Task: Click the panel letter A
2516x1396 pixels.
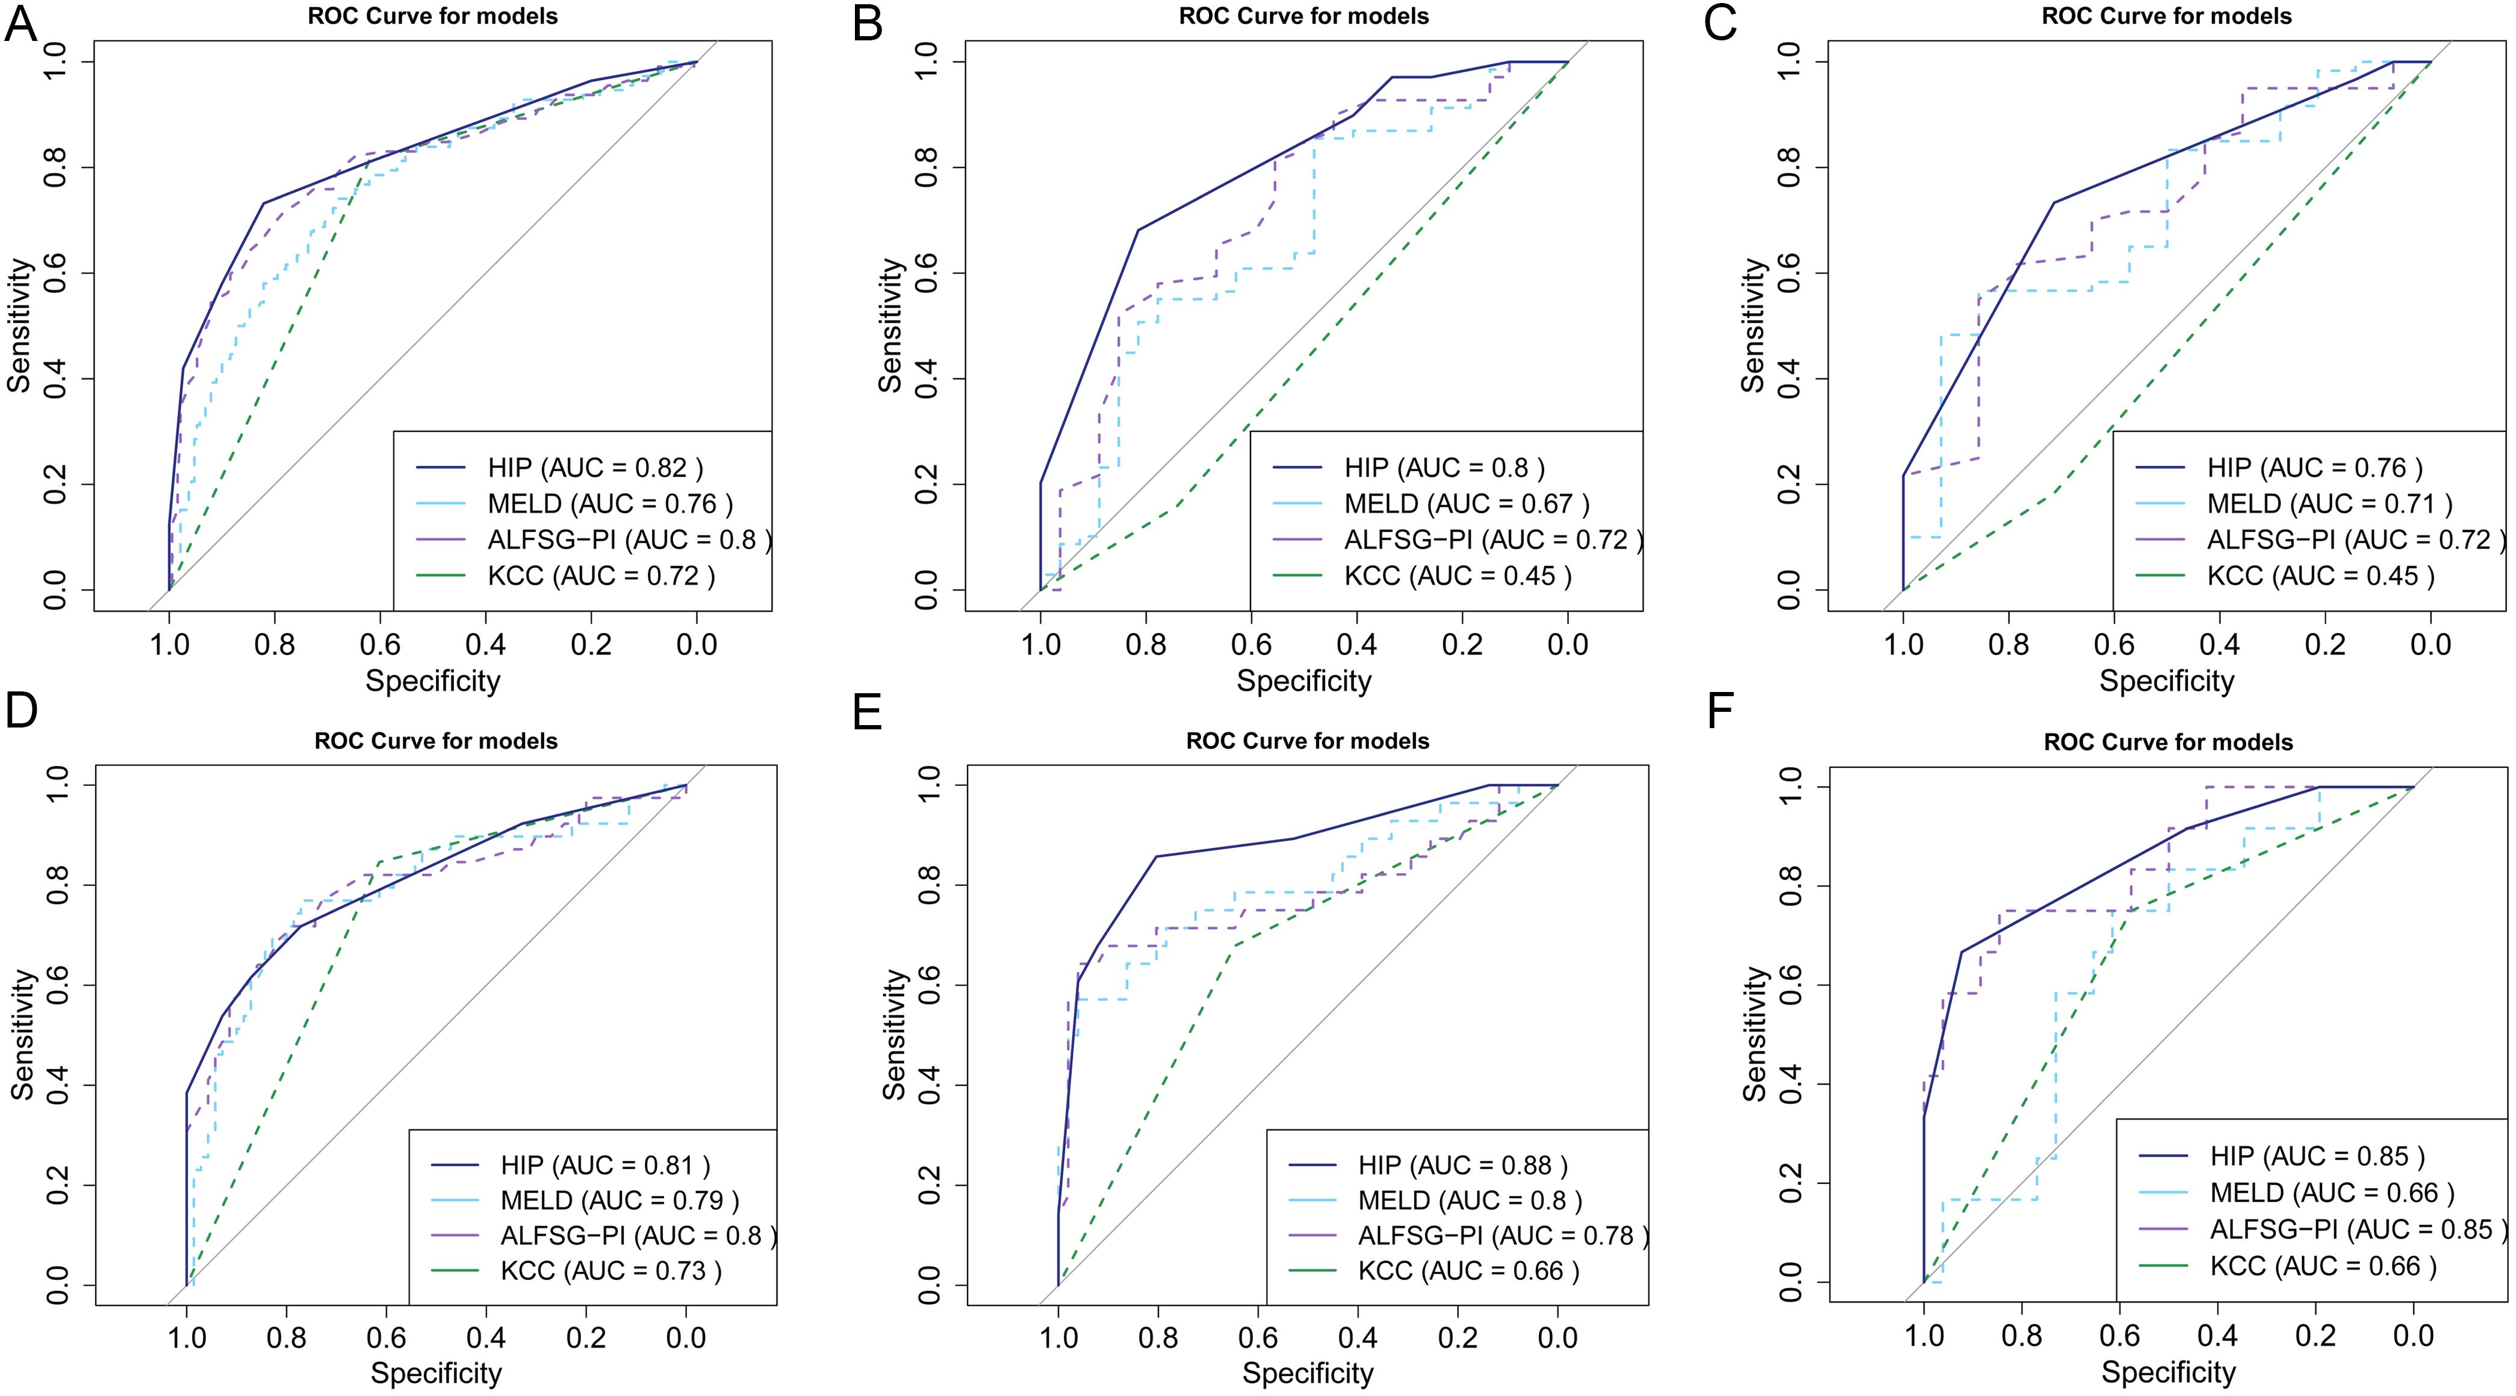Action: coord(22,25)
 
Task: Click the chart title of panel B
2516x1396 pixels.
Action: coord(1304,17)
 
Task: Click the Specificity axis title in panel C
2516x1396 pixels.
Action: coord(2166,681)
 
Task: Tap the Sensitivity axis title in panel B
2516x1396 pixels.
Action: coord(890,325)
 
